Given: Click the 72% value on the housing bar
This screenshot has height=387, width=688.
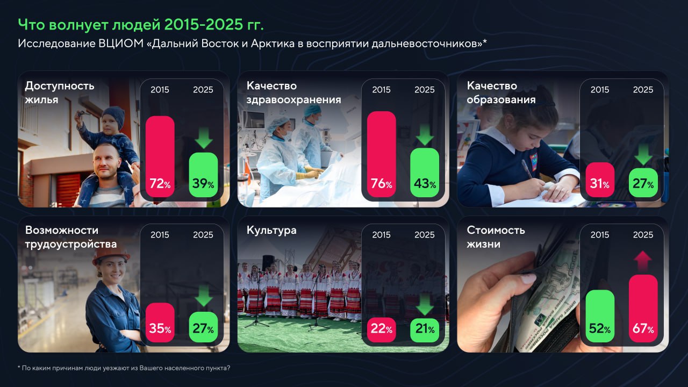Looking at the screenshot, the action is pyautogui.click(x=160, y=184).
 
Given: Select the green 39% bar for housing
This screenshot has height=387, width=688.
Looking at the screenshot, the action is pyautogui.click(x=203, y=175).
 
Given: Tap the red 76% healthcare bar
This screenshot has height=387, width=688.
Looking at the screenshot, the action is pyautogui.click(x=382, y=154).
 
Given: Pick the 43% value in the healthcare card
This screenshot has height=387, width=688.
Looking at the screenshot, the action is pyautogui.click(x=425, y=184).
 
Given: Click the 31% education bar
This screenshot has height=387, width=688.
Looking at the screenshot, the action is pyautogui.click(x=600, y=180).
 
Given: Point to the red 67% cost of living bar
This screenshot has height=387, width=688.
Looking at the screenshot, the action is pyautogui.click(x=643, y=309).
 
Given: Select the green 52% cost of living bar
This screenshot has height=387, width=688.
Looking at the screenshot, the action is pyautogui.click(x=600, y=316).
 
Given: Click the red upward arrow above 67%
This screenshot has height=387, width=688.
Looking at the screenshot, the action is pyautogui.click(x=643, y=261).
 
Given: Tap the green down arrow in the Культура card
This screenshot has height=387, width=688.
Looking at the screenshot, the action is pyautogui.click(x=425, y=305).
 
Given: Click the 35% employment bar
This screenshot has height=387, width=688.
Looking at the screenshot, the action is pyautogui.click(x=160, y=322).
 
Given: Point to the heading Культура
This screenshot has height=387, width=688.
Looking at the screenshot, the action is pyautogui.click(x=271, y=231).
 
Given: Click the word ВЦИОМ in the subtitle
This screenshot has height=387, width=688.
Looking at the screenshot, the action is pyautogui.click(x=121, y=44).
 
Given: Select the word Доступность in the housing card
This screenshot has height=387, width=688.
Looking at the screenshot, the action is pyautogui.click(x=60, y=85).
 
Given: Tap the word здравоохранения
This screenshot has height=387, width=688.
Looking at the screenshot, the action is pyautogui.click(x=293, y=100).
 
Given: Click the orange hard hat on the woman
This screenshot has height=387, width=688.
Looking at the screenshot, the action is pyautogui.click(x=111, y=253).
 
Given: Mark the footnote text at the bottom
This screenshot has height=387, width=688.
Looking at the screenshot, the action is pyautogui.click(x=124, y=368).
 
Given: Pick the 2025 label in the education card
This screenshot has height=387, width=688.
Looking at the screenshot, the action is pyautogui.click(x=643, y=90).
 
